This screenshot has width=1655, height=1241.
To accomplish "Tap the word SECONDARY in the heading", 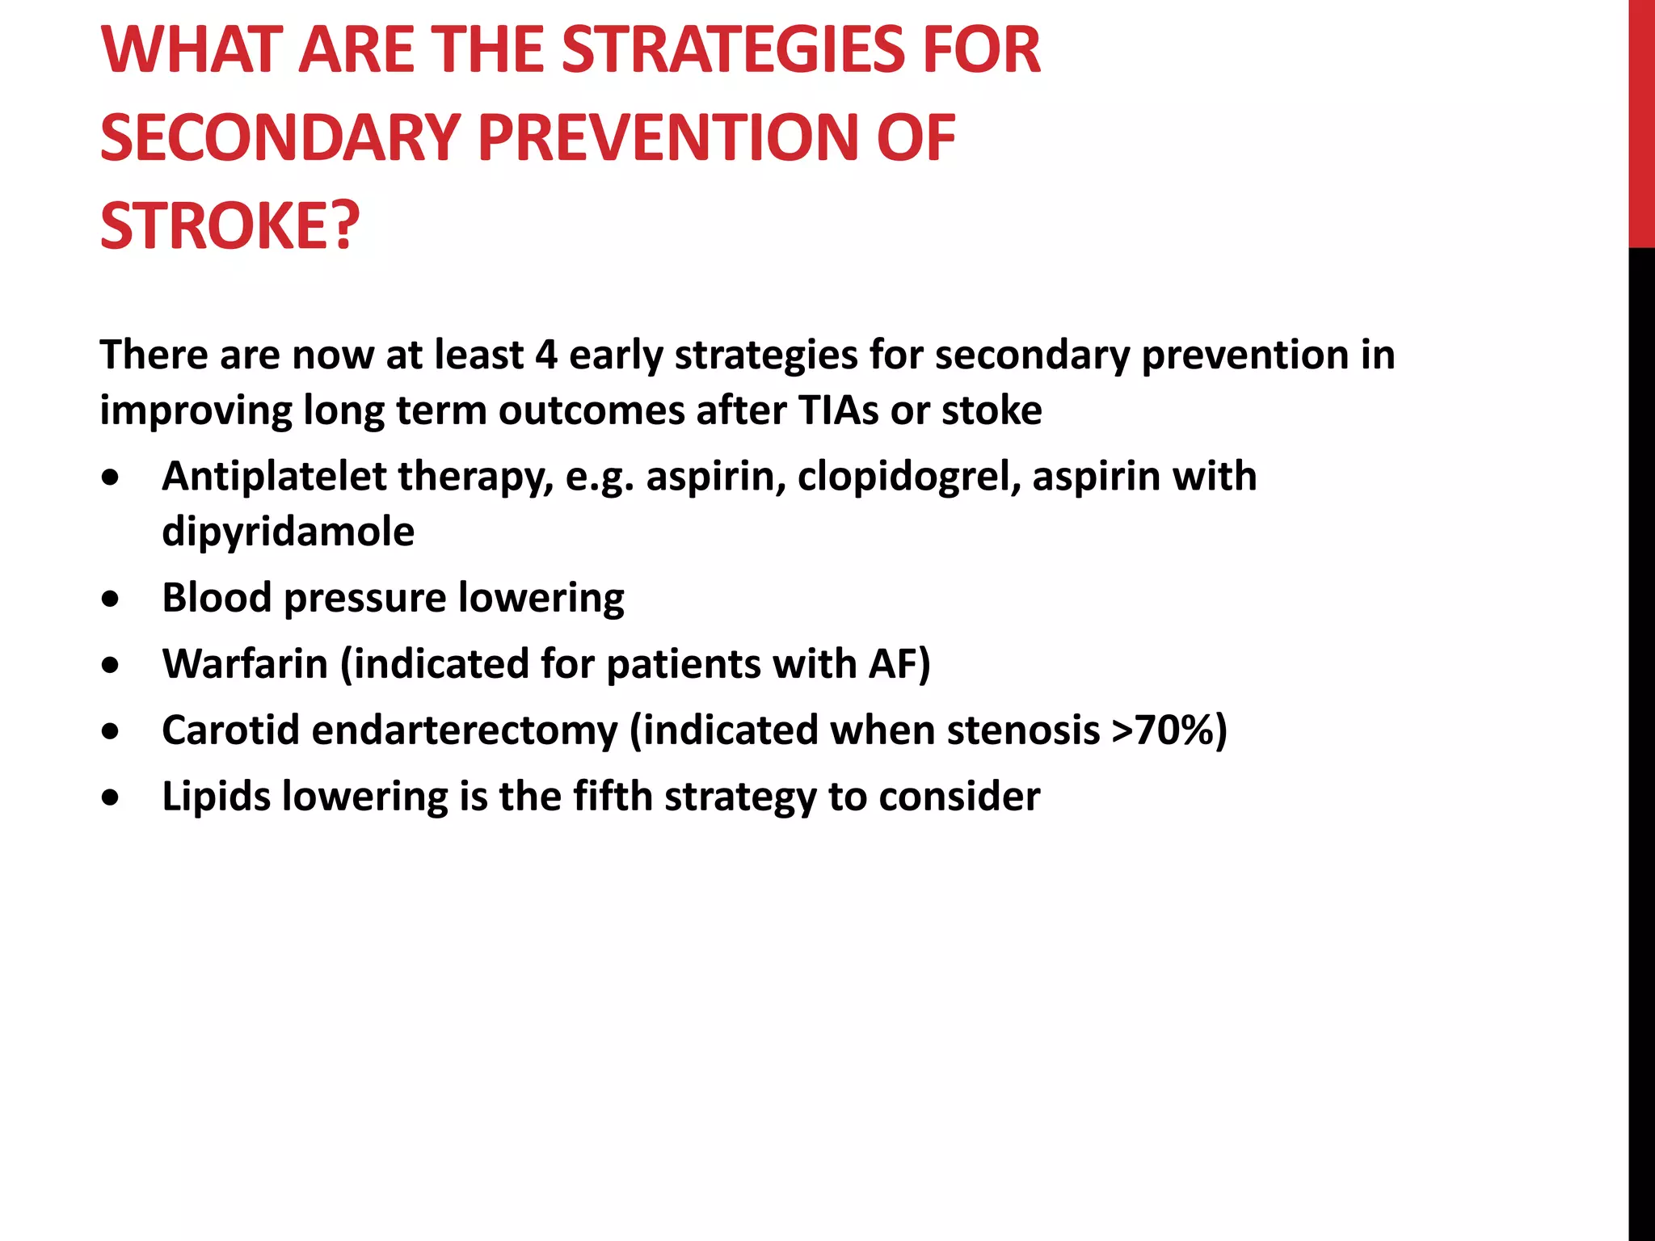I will click(280, 138).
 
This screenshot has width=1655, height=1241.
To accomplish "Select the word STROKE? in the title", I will click(230, 226).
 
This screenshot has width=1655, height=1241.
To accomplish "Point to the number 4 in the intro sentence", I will click(546, 355).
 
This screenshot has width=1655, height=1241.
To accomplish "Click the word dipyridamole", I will click(288, 532).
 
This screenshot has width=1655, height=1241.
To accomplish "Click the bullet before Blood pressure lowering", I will click(111, 599).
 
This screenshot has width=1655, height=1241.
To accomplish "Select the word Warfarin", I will click(245, 664).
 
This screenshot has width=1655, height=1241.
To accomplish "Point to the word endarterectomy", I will click(465, 730).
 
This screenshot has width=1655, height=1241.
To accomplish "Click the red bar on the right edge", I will click(1641, 121).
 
